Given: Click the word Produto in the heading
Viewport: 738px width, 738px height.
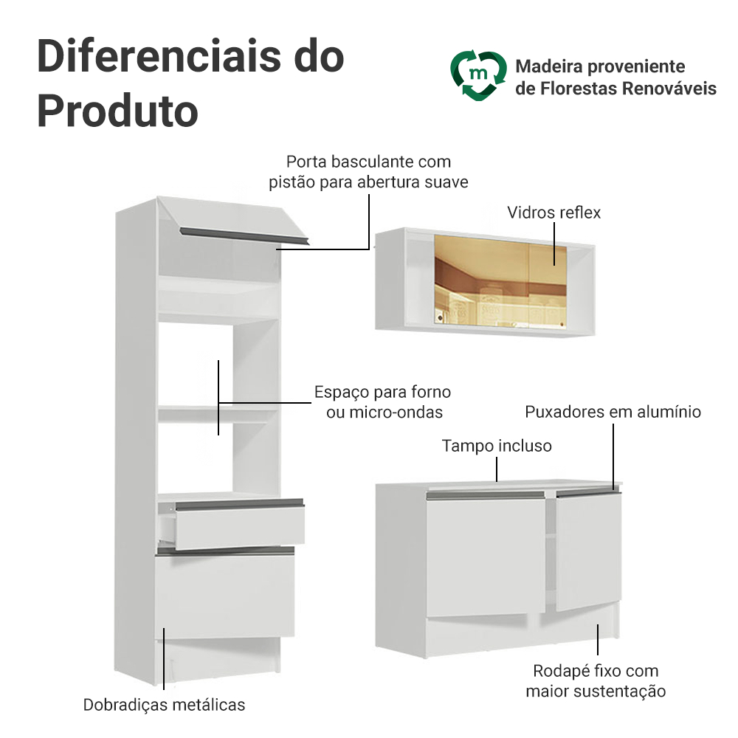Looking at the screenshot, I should [117, 111].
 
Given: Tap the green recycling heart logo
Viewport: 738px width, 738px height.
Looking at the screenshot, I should [478, 75].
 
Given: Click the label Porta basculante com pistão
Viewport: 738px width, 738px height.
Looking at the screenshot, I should [368, 171].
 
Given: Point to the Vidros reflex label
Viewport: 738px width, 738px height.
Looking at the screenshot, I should [553, 213].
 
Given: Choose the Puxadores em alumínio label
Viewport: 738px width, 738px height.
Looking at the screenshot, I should [613, 412].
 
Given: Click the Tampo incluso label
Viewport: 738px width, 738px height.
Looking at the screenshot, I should [497, 446].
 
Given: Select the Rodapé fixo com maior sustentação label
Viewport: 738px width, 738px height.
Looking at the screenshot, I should [596, 681].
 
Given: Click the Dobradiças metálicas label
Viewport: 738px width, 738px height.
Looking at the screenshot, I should [164, 705].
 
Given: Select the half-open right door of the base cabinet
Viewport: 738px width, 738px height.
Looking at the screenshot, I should [588, 550].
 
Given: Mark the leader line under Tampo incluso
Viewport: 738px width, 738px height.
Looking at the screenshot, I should [497, 469].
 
